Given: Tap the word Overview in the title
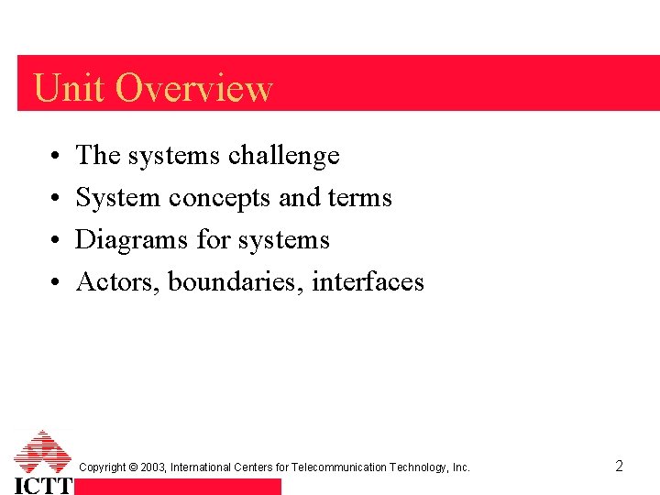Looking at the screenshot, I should [x=194, y=88].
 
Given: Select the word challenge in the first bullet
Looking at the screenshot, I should [x=283, y=156].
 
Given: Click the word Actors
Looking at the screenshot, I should [x=118, y=281].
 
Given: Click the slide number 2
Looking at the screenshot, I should [x=619, y=466].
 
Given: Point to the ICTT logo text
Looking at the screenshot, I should [x=43, y=484].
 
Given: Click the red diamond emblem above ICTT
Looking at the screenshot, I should [x=43, y=451].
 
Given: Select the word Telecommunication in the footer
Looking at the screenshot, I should [x=339, y=467].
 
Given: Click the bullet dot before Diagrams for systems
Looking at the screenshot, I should [x=56, y=241].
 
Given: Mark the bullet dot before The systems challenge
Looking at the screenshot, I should [x=56, y=157].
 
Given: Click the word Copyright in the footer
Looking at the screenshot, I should [x=103, y=467].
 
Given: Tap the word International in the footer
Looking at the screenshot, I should [x=201, y=467].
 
